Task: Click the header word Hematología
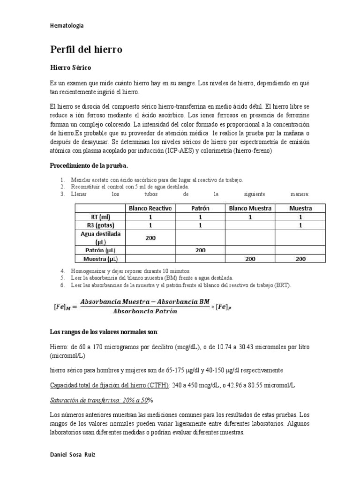pyautogui.click(x=67, y=26)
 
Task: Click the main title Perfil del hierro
pyautogui.click(x=86, y=49)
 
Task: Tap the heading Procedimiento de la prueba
pyautogui.click(x=89, y=166)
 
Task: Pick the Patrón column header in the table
pyautogui.click(x=200, y=208)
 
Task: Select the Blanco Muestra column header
pyautogui.click(x=250, y=208)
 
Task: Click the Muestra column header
pyautogui.click(x=300, y=208)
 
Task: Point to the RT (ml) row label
pyautogui.click(x=100, y=217)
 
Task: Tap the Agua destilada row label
pyautogui.click(x=100, y=238)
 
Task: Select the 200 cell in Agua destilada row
pyautogui.click(x=150, y=238)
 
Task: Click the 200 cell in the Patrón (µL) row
pyautogui.click(x=200, y=250)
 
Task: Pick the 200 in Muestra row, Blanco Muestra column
pyautogui.click(x=250, y=259)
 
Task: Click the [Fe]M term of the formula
pyautogui.click(x=61, y=307)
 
